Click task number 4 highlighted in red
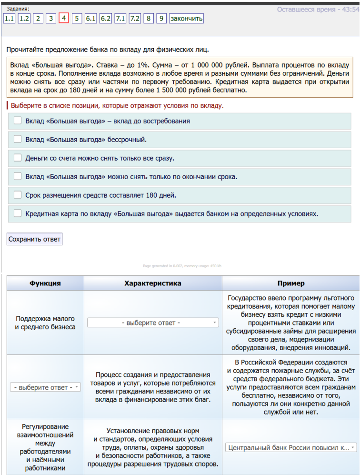pos(64,19)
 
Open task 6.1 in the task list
pos(91,19)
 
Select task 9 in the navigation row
pos(162,19)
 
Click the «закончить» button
pos(187,19)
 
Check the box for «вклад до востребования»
pos(18,121)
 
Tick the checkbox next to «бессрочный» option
pos(18,139)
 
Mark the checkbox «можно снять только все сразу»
pos(18,158)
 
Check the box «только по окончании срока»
pos(18,176)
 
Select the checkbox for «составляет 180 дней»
pos(18,195)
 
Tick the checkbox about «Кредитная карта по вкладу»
pos(18,213)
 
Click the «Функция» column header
pos(45,283)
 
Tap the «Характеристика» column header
pos(153,283)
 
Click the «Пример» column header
pos(290,283)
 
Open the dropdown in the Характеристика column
pos(153,323)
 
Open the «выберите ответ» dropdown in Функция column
pos(45,387)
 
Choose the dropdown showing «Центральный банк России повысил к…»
pos(290,448)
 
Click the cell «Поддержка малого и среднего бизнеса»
pos(45,323)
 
